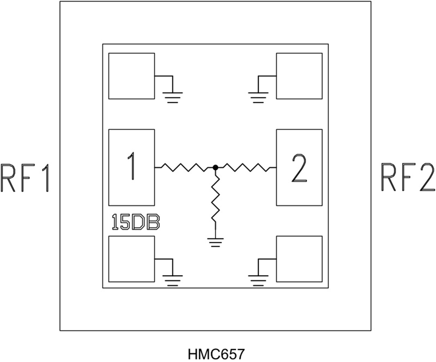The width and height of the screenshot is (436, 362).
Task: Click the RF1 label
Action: pos(25,178)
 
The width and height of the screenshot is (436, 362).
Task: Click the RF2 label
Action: pos(407,178)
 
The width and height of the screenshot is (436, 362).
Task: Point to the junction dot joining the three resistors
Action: pos(215,168)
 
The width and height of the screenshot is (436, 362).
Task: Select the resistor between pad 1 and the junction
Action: pos(185,168)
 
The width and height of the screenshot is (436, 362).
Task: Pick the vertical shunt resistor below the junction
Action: pos(216,199)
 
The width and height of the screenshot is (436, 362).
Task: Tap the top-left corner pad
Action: pos(131,76)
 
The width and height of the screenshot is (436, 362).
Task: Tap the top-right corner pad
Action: pos(299,76)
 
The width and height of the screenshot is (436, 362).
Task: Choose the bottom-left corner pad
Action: pos(131,259)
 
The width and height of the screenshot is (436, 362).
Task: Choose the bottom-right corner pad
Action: pos(299,259)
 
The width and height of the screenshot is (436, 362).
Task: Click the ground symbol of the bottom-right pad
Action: pos(258,280)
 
